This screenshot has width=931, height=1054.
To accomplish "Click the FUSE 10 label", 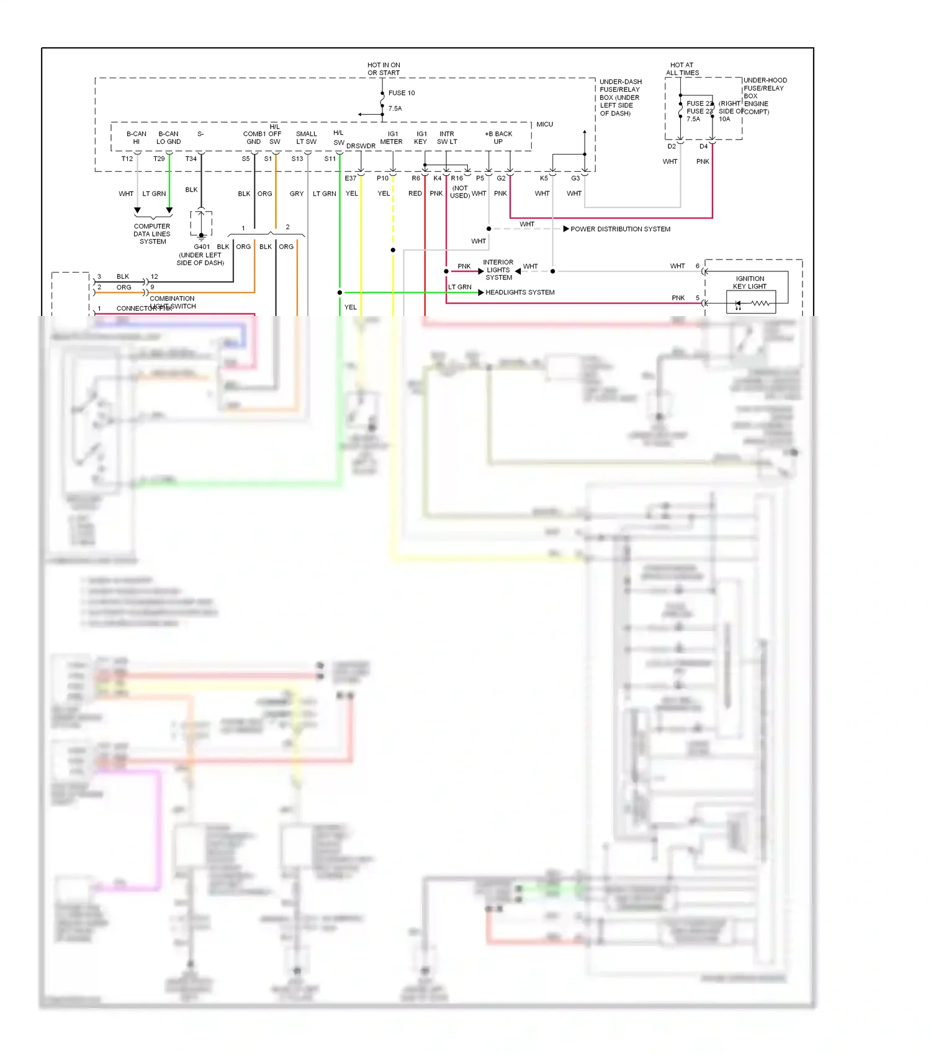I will click(402, 93).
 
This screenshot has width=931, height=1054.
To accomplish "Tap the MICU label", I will click(544, 125).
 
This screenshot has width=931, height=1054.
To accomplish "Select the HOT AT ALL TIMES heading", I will click(682, 69).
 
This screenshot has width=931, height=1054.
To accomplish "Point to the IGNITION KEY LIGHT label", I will click(750, 282).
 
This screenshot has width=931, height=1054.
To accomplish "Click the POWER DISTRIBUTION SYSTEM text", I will click(620, 229).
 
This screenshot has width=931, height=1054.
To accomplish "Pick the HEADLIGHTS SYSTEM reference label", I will click(519, 292).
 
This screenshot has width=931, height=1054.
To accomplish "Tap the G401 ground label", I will click(202, 246).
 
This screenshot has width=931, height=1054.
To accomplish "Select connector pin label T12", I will click(127, 159).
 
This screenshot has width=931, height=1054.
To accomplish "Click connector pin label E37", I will click(351, 178).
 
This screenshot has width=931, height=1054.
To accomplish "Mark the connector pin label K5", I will click(544, 178).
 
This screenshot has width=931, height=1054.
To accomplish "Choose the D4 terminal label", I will click(703, 146).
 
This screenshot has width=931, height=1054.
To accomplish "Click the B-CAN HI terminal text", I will click(137, 138).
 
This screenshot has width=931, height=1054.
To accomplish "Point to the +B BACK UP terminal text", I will click(498, 138).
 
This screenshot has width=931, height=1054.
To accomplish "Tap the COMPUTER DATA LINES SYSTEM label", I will click(152, 234).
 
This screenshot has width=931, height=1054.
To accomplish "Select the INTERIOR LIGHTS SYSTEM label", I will click(498, 270).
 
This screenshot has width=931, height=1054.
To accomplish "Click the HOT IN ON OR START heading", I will click(384, 69).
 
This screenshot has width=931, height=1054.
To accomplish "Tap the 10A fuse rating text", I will click(724, 119).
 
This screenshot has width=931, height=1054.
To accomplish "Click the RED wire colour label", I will click(415, 194).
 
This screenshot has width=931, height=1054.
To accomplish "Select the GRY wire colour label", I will click(297, 194).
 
